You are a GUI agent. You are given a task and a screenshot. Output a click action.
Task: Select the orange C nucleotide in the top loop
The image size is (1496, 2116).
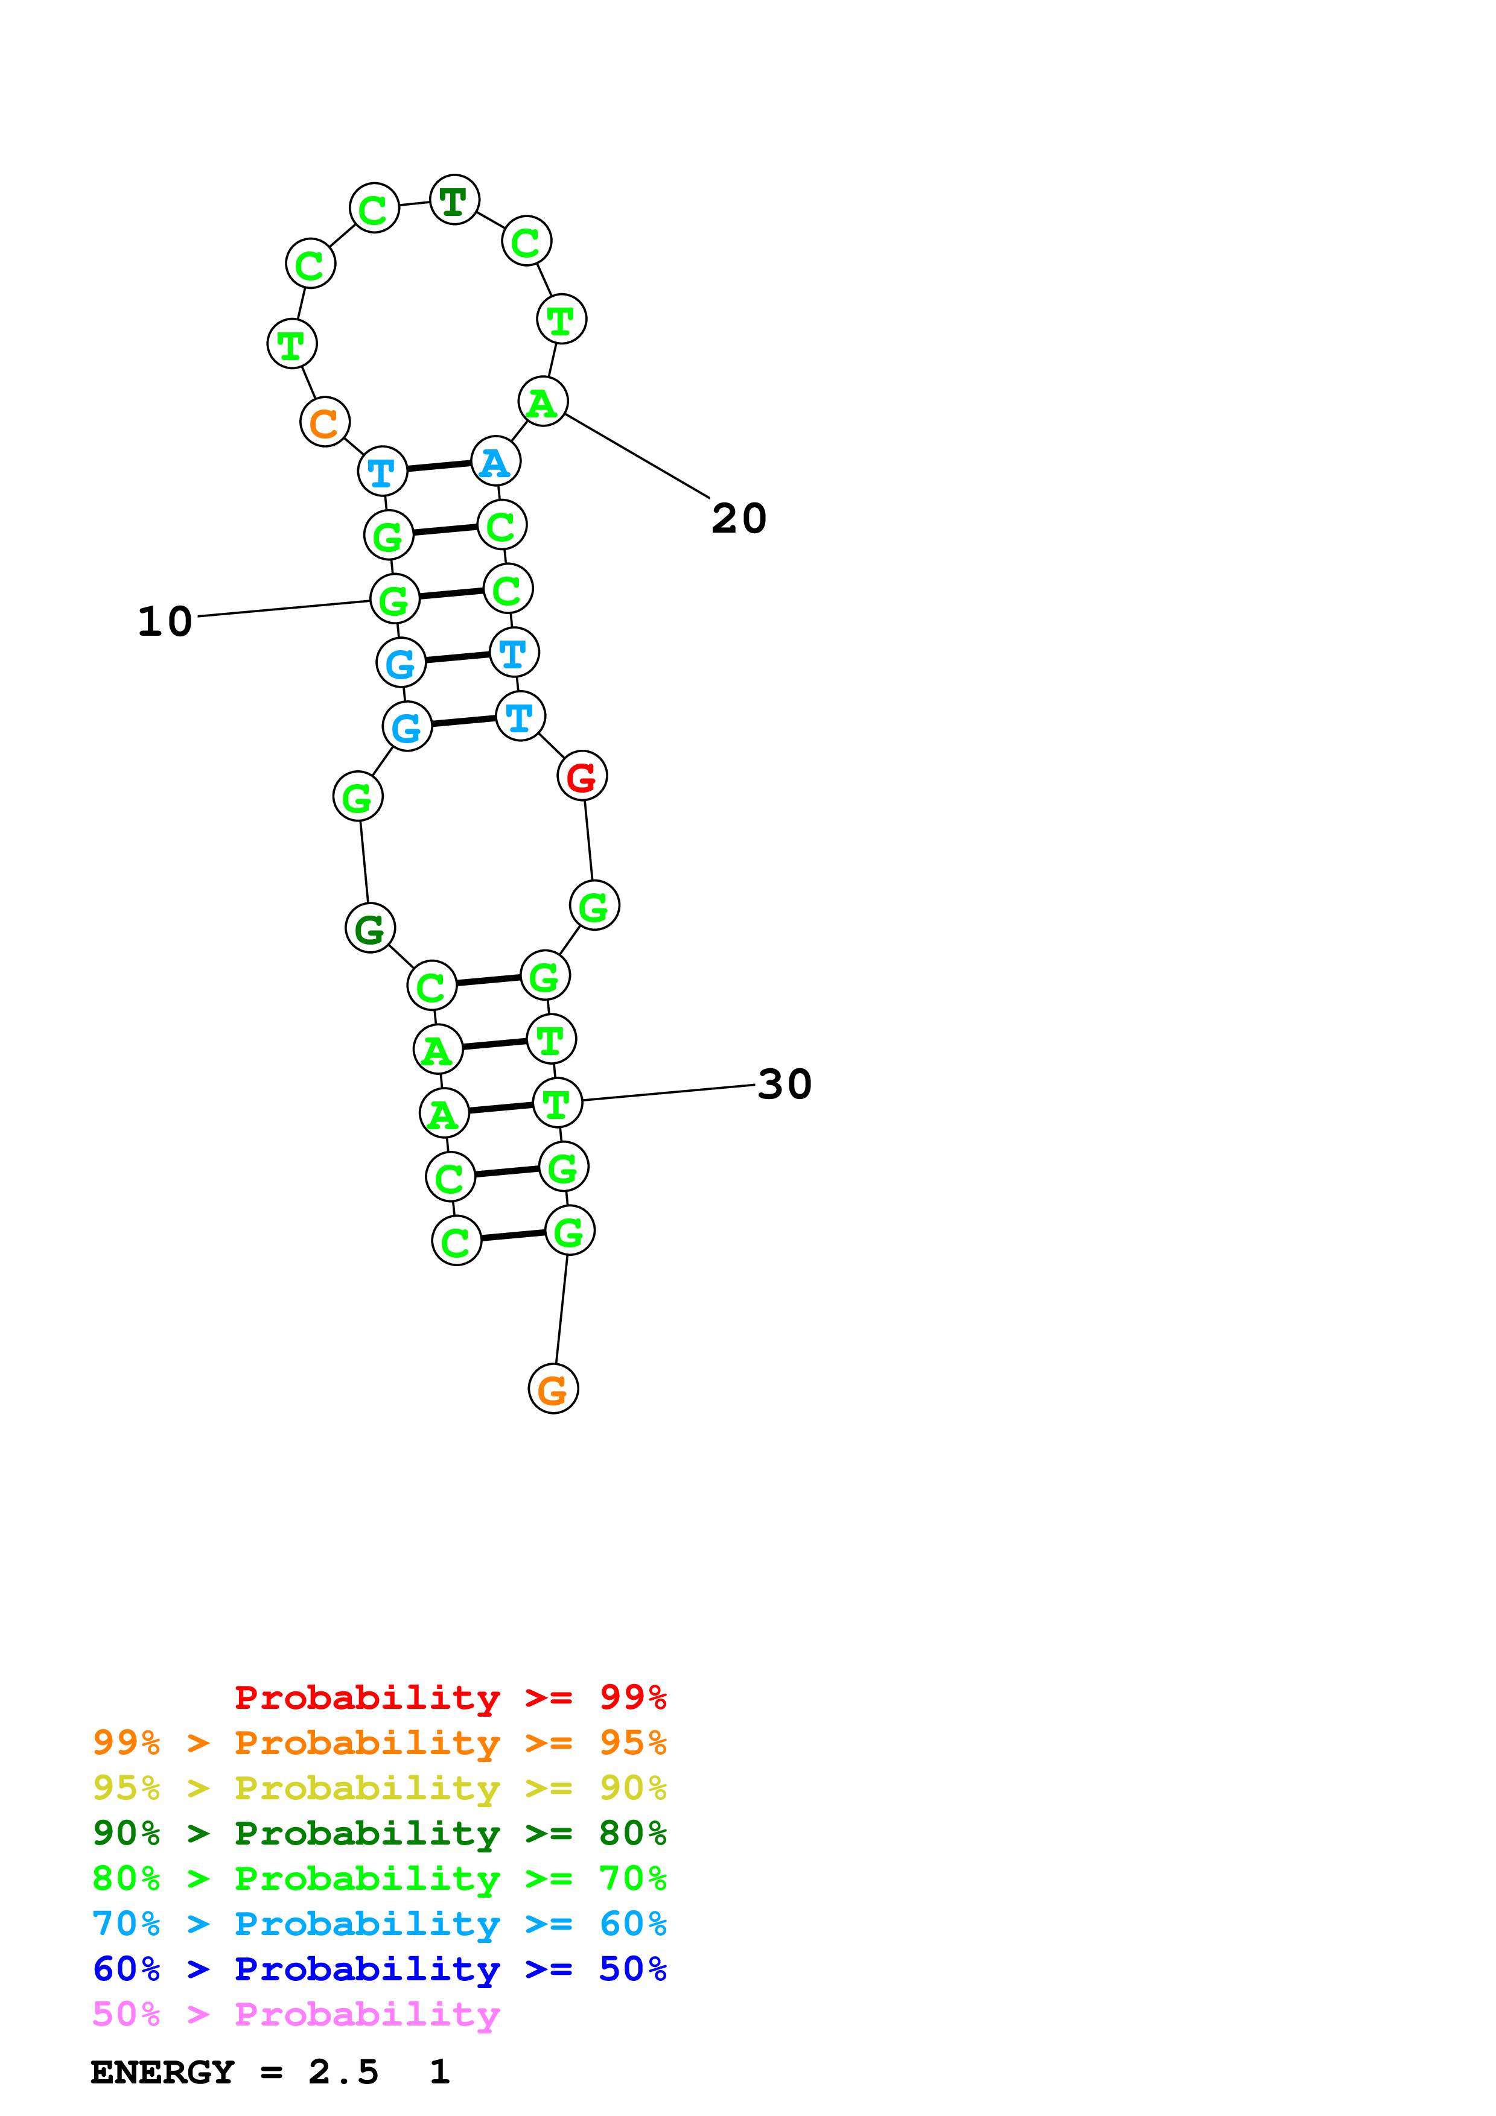(325, 422)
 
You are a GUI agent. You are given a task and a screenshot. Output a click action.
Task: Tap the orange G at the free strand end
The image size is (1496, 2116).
(553, 1389)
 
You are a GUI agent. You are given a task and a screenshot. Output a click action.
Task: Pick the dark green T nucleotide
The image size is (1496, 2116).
(454, 200)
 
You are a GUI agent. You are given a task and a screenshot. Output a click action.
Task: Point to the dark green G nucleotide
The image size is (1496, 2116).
(369, 928)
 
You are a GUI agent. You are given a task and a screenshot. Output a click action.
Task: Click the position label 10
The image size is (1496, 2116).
(165, 621)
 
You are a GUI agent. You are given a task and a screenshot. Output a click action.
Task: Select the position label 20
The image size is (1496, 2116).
(738, 518)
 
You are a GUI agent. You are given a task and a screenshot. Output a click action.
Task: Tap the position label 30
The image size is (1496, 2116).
(785, 1084)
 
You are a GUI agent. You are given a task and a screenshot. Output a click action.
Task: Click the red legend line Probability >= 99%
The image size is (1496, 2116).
(450, 1697)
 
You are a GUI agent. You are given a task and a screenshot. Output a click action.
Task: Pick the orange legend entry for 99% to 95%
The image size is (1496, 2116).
(379, 1742)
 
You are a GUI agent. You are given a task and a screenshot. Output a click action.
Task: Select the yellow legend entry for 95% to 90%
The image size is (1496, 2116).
(379, 1787)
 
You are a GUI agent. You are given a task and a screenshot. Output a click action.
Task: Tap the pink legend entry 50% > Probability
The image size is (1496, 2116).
(296, 2013)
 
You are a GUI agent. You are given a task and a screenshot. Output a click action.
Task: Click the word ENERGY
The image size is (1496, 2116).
(162, 2072)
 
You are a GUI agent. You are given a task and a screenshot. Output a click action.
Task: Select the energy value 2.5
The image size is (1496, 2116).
(343, 2072)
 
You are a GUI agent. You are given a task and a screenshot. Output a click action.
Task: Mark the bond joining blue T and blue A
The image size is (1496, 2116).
(439, 466)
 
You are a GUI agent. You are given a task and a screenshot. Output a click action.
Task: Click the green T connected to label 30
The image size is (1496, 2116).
(558, 1102)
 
